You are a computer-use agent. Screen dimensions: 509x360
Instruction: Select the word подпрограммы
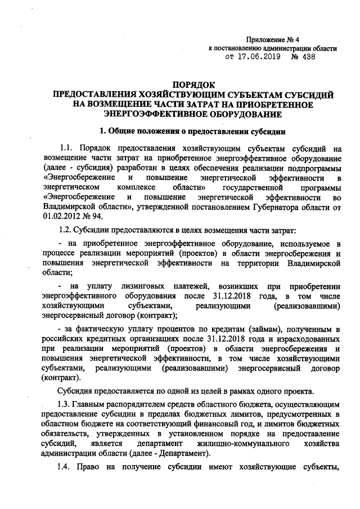[314, 169]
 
